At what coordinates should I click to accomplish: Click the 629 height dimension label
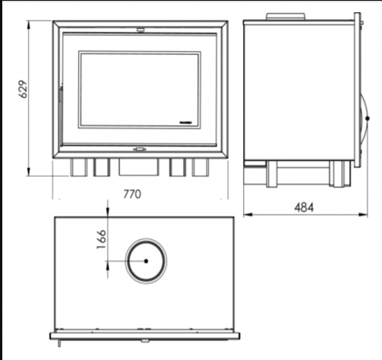(x=23, y=89)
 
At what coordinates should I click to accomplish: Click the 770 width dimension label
(x=132, y=194)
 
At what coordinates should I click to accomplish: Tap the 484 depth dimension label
(x=304, y=207)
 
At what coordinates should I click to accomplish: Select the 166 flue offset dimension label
(x=102, y=239)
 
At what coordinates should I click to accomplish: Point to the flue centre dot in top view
(x=146, y=261)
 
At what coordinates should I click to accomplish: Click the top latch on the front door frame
(x=140, y=30)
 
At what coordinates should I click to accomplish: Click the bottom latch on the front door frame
(x=140, y=149)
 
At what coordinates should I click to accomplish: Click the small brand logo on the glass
(x=185, y=123)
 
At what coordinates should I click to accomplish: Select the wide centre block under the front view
(x=139, y=166)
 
